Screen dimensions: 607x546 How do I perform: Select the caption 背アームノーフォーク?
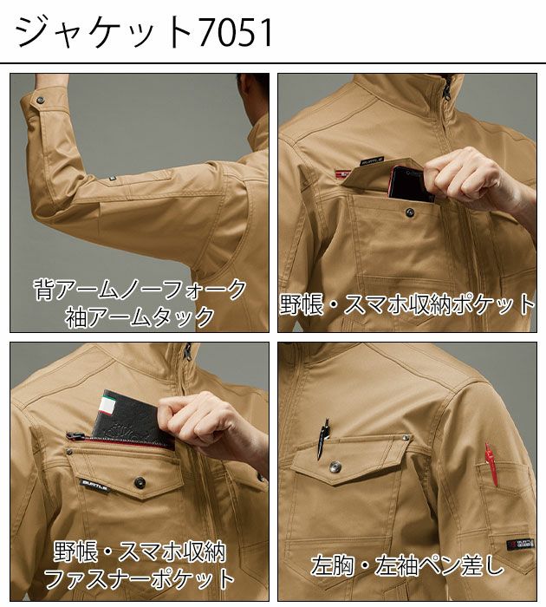click(x=140, y=288)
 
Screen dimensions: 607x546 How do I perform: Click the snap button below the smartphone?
click(x=408, y=212)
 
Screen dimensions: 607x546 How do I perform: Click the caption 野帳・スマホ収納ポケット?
click(x=407, y=304)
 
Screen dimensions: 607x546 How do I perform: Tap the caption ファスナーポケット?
click(x=140, y=578)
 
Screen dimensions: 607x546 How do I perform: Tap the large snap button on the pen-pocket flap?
click(x=335, y=467)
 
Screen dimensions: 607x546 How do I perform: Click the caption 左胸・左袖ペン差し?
click(x=407, y=566)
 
